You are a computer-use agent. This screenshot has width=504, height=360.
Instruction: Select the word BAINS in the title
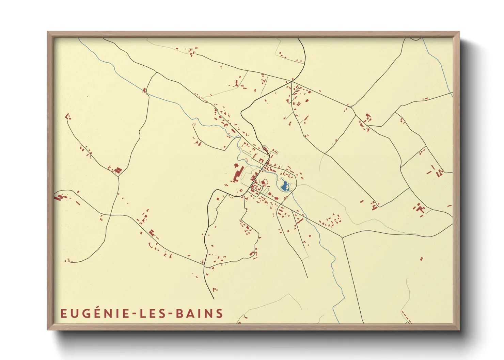[199, 313]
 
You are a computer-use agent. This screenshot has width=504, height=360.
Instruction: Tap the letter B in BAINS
[179, 313]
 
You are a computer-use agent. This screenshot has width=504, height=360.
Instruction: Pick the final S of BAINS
[220, 313]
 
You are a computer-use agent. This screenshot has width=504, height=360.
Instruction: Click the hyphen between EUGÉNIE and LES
[135, 314]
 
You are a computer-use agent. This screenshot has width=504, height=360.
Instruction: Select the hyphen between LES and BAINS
[170, 314]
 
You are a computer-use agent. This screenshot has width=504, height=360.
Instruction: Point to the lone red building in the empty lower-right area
[421, 259]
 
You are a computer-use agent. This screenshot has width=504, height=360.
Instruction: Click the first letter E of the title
[63, 313]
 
